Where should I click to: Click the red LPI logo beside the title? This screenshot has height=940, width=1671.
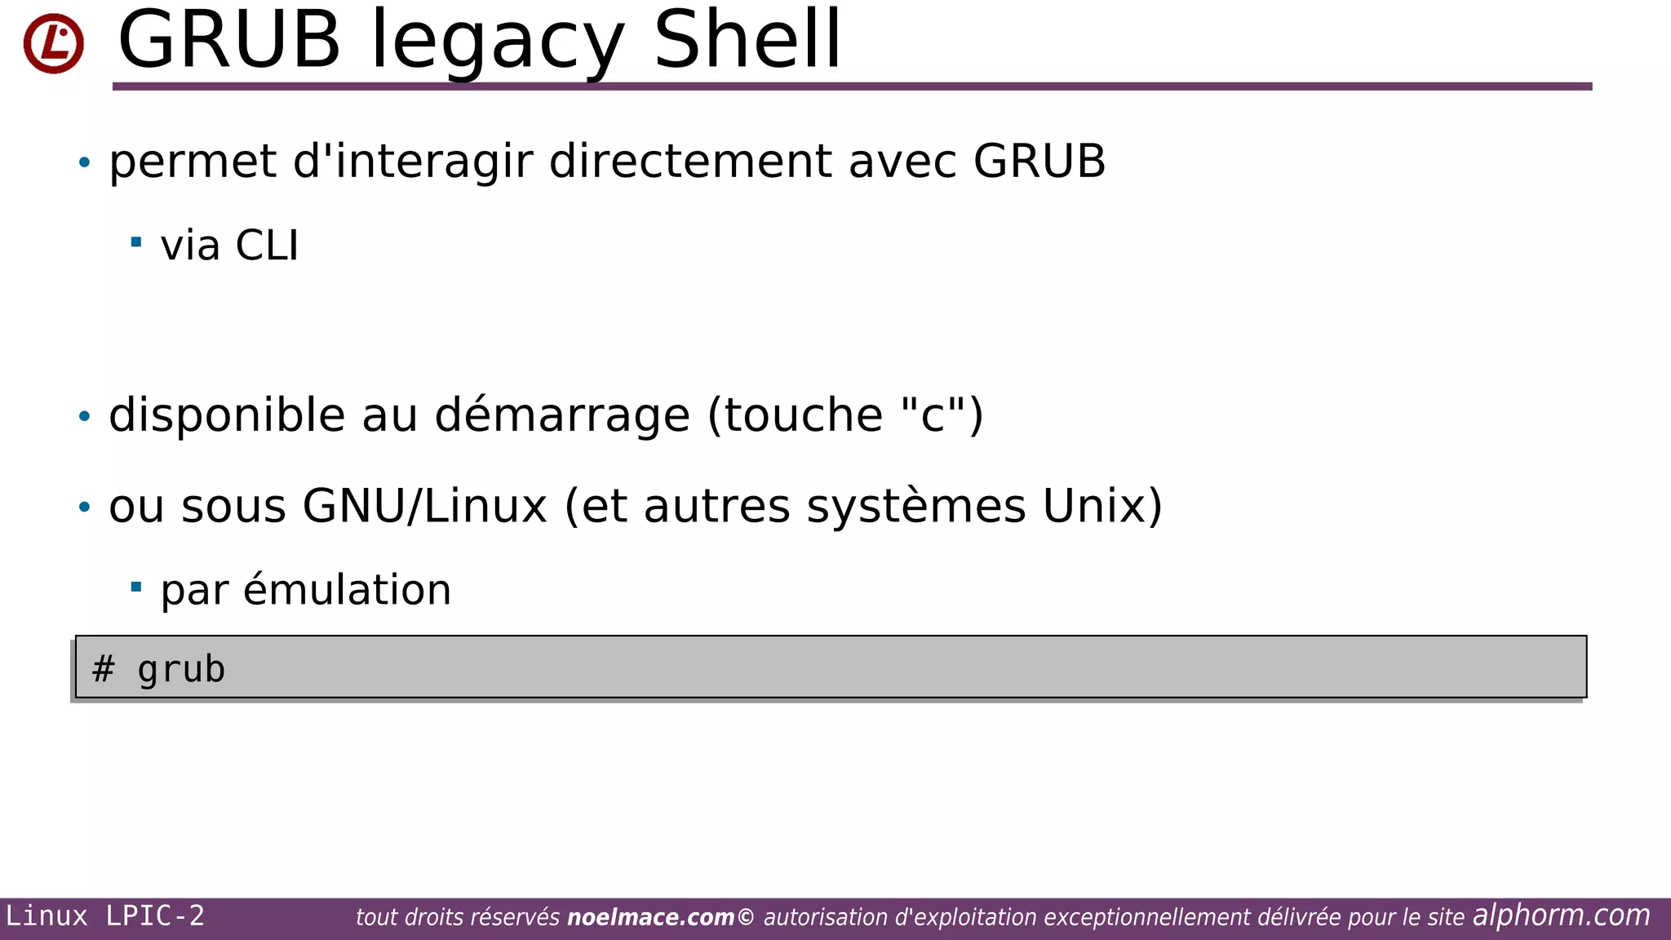point(54,43)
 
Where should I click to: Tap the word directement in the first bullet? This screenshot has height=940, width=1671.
point(693,161)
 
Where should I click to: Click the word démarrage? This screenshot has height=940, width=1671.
point(562,415)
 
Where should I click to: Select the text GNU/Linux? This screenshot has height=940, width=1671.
point(424,506)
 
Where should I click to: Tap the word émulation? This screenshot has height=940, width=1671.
point(347,590)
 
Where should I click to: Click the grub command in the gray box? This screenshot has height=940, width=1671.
point(181,670)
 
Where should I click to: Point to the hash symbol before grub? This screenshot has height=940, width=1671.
point(103,669)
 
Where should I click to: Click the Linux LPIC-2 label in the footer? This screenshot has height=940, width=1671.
point(105,916)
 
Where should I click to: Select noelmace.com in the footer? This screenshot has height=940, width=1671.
point(650,918)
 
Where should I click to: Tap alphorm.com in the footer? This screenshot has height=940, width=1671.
point(1561,916)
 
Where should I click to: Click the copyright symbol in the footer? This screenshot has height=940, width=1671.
point(746,917)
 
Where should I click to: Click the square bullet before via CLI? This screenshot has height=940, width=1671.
point(136,242)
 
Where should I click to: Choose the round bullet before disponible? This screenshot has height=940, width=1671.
point(84,417)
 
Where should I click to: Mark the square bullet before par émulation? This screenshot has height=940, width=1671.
point(136,587)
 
